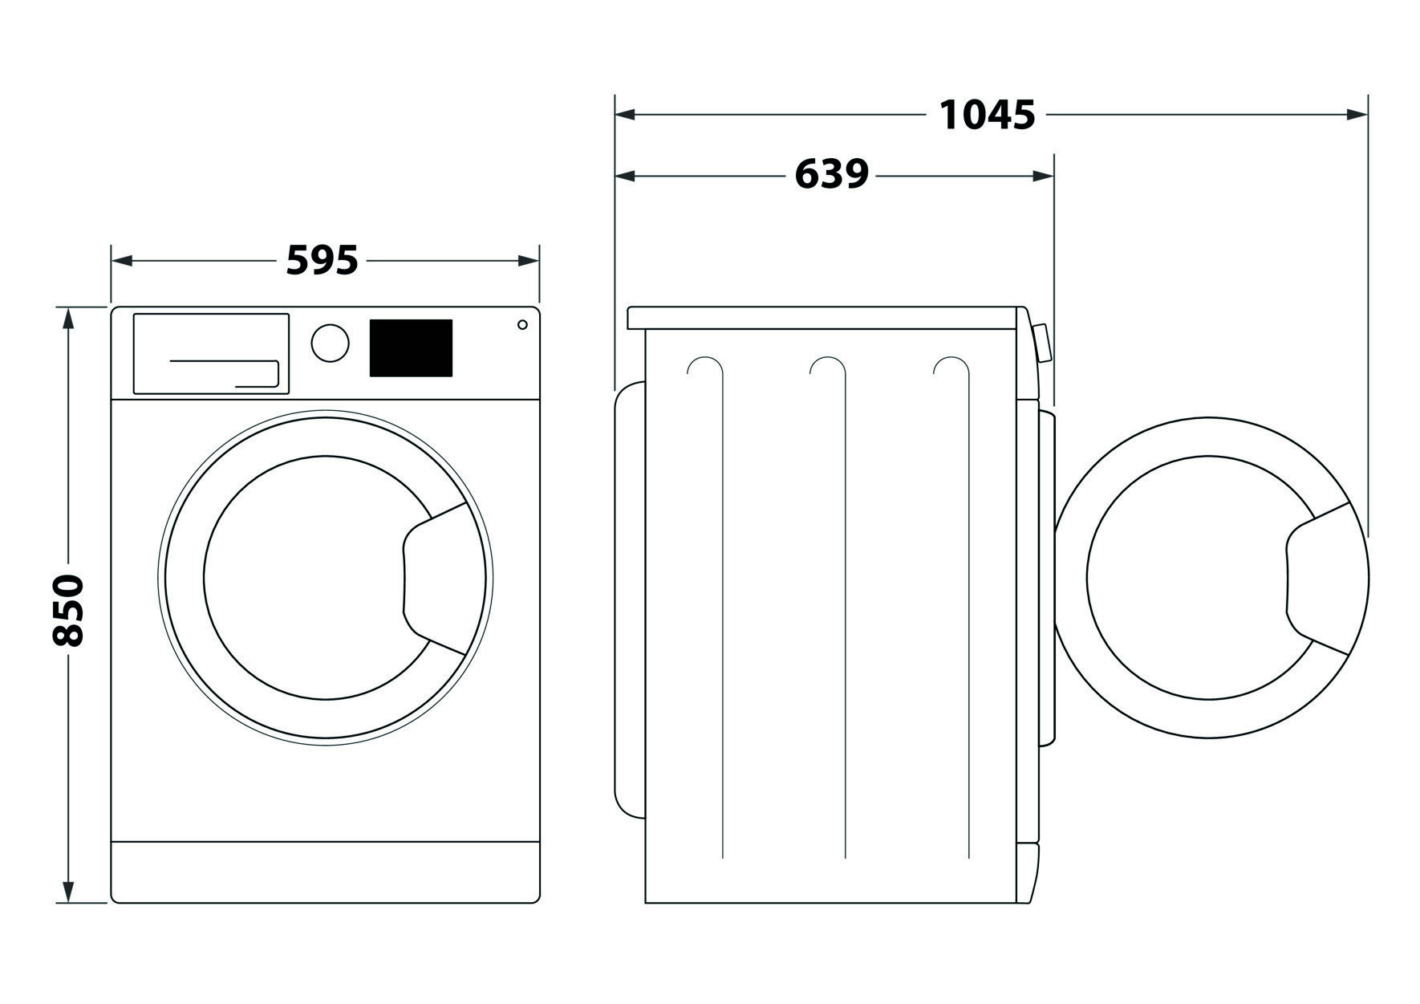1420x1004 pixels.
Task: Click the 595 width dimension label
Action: pos(323,261)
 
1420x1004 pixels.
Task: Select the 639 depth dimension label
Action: pos(831,175)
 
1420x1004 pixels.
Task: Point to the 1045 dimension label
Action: pos(987,116)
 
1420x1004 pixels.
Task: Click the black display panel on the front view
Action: pos(411,348)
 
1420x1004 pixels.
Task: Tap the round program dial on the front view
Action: pos(330,343)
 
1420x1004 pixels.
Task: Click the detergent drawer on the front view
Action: pos(211,353)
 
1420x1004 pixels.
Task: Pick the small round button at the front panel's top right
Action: pos(522,324)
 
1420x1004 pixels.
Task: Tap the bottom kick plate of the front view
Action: pos(325,871)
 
